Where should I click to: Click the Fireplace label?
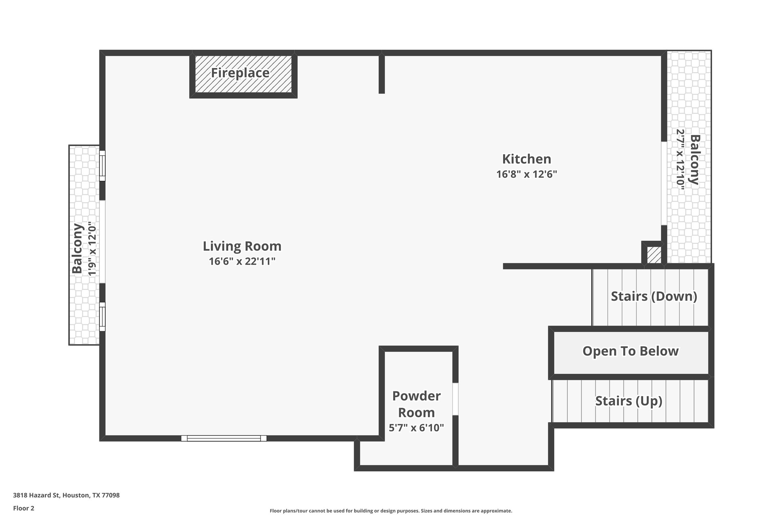point(240,73)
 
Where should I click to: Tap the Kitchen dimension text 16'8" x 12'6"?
point(526,175)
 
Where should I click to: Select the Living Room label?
point(242,246)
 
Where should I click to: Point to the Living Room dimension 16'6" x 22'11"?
point(242,261)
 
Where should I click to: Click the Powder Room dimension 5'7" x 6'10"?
point(416,428)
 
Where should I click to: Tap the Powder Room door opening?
point(455,399)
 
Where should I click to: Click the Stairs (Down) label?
point(654,296)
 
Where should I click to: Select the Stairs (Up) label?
point(629,401)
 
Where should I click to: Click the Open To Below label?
point(630,351)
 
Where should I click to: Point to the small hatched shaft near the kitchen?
point(654,255)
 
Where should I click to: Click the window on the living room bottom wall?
point(224,438)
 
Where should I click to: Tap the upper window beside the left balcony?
point(102,166)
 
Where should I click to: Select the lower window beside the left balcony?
point(102,317)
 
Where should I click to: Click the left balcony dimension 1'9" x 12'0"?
point(93,249)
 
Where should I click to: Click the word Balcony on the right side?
point(695,159)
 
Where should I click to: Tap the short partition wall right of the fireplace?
point(382,74)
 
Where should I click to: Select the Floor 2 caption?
point(24,508)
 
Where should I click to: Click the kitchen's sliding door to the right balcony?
point(664,184)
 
